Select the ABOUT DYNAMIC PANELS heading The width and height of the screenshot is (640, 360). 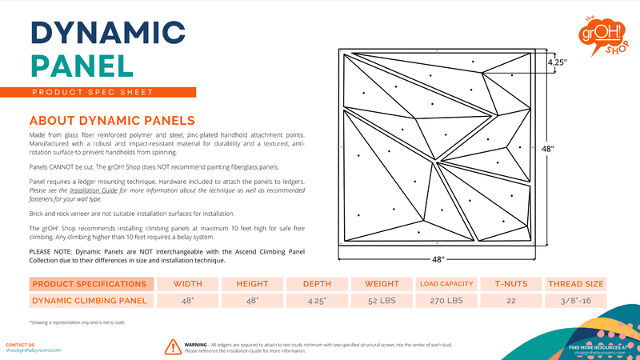pos(100,120)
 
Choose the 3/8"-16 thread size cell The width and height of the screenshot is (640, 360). pos(574,301)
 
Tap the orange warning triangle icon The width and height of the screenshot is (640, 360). pos(172,346)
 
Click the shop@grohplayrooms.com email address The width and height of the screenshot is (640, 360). pos(32,350)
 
